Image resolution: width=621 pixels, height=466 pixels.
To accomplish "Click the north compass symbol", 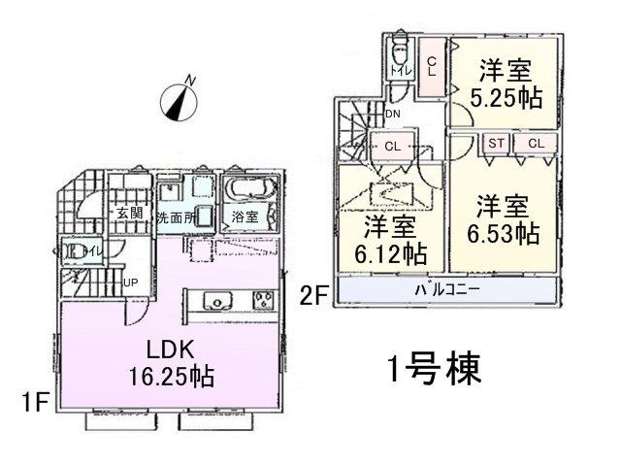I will coord(178,101).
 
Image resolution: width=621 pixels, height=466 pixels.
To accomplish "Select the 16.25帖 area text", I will coord(175,375).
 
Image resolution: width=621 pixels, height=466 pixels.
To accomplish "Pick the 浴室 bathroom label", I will coord(245,217).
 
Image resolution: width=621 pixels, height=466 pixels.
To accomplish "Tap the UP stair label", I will coord(129,283).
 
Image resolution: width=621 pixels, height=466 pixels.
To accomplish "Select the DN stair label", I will coord(392,114).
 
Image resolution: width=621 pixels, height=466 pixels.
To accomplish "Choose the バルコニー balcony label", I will coord(449,289).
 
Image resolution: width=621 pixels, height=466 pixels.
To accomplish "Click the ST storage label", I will coord(496,144).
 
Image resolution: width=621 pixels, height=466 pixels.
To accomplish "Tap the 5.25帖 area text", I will coord(506,99).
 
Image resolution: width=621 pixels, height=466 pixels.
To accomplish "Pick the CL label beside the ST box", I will coord(536,144).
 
